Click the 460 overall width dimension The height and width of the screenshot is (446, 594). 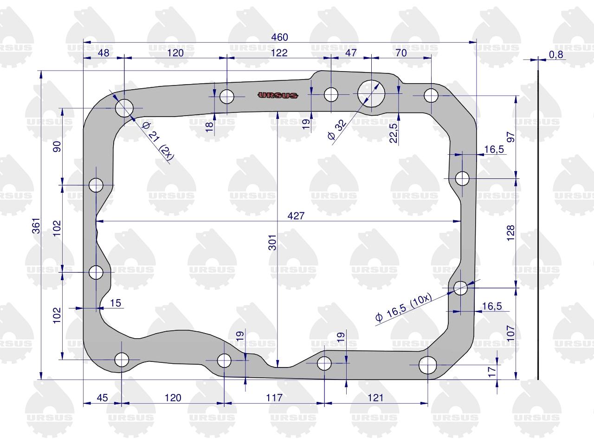[279, 37]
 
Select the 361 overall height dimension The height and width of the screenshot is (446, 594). [36, 226]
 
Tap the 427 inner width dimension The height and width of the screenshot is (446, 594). [296, 216]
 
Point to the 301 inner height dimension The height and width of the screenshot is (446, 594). [272, 243]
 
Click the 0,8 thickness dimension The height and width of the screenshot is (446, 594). [556, 55]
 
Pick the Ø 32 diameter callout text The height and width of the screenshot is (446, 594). [336, 130]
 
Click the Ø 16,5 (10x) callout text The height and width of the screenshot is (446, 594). [404, 308]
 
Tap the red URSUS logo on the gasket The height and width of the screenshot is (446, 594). [278, 95]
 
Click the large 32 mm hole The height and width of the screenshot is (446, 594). [371, 93]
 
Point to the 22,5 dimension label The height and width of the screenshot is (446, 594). [393, 133]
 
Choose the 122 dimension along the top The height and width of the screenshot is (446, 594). [279, 52]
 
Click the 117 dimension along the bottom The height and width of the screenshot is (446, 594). [274, 398]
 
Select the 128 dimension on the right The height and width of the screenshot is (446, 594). [510, 233]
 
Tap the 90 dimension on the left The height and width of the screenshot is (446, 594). [57, 146]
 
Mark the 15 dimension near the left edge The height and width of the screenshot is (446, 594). [116, 303]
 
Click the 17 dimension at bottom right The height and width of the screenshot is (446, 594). [492, 372]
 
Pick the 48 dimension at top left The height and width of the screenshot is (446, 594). [103, 53]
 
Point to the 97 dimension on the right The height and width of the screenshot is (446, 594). [510, 137]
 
